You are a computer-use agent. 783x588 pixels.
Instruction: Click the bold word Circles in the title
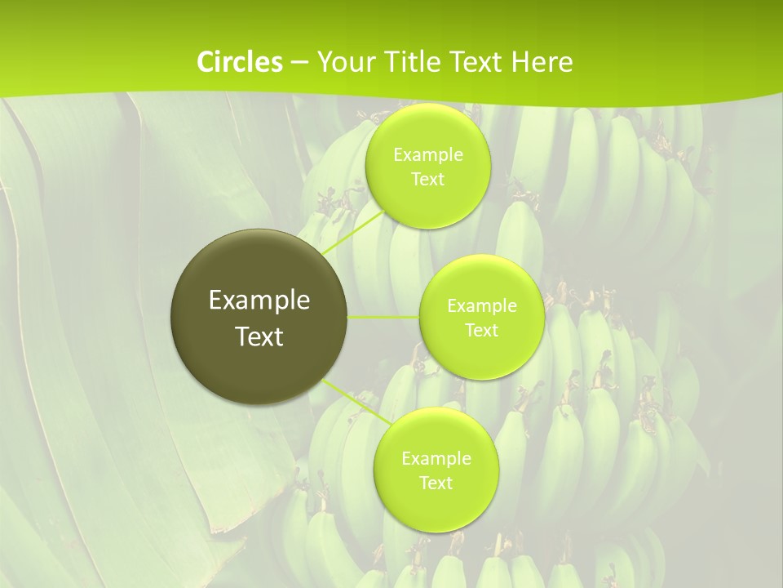pos(239,62)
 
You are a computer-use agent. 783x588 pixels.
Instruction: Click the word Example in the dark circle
pos(259,301)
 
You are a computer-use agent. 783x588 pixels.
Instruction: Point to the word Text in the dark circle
pos(259,336)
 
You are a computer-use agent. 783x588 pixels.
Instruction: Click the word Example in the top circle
pos(427,155)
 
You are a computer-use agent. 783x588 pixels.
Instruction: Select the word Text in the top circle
pos(427,180)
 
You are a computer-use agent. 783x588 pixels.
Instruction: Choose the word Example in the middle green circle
pos(481,306)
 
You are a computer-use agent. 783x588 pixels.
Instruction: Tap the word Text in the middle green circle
pos(481,331)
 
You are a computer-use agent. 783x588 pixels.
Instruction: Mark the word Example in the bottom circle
pos(436,459)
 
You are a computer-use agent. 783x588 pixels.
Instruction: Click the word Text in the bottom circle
pos(436,483)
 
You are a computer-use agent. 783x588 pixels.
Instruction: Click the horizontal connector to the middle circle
pos(383,317)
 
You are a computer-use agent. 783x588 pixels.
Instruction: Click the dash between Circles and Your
pos(299,62)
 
